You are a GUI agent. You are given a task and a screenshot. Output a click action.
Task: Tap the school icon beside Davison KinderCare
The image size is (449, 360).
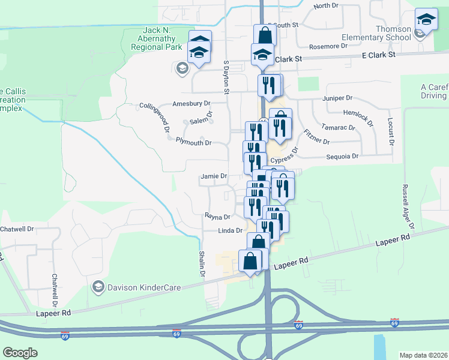[x=97, y=287]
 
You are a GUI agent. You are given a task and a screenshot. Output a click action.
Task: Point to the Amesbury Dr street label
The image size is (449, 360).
[x=191, y=103]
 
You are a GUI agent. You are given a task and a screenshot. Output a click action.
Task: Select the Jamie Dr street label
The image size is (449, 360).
[x=214, y=176]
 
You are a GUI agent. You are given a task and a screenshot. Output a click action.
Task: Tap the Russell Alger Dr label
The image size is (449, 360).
[x=408, y=206]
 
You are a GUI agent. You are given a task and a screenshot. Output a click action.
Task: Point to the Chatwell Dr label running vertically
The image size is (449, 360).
[x=55, y=290]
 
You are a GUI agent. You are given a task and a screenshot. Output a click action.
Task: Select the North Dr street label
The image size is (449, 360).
[x=326, y=5]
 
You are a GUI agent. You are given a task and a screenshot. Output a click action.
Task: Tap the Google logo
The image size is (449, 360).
[x=20, y=353]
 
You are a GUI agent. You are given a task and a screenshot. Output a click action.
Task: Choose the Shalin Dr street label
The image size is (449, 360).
[x=202, y=264]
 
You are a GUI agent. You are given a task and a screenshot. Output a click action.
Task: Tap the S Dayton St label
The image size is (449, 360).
[x=226, y=77]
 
